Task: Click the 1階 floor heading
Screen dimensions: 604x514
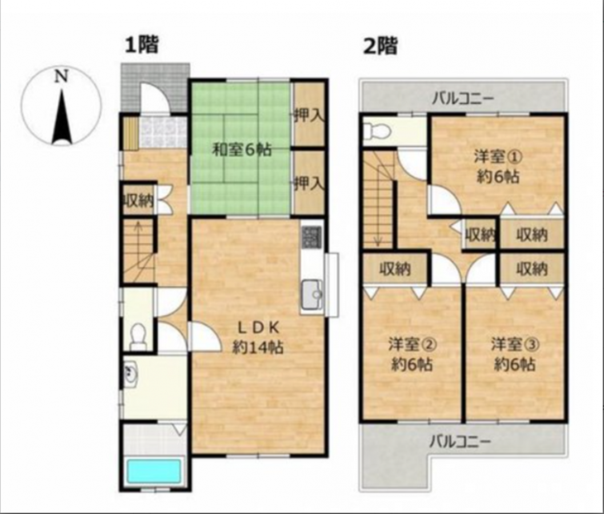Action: [142, 45]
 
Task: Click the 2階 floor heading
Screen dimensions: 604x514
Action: [381, 46]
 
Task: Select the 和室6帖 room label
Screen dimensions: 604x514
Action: [242, 150]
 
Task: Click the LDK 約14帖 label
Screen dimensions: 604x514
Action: [258, 338]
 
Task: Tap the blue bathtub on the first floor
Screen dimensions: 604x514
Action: [154, 470]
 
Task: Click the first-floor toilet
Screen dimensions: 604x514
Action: [138, 337]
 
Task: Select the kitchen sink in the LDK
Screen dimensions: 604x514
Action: [312, 295]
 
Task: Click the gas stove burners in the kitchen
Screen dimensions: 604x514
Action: [312, 237]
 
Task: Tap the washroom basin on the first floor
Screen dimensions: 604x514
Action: [131, 374]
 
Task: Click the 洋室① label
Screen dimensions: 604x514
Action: [498, 156]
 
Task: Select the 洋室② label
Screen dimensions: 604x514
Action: [412, 344]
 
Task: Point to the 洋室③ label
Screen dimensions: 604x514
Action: [515, 344]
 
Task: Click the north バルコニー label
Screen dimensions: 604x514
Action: [463, 99]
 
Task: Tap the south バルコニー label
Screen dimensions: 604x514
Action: [461, 440]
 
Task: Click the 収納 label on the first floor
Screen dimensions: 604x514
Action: [138, 200]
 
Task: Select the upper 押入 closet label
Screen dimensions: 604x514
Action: [309, 115]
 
